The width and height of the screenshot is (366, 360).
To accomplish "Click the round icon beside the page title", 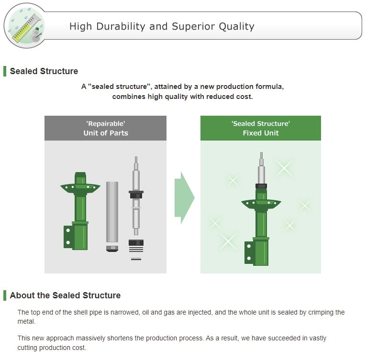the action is click(25, 25).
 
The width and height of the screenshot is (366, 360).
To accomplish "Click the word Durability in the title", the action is click(121, 26).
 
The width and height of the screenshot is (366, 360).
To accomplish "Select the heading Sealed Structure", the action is click(44, 71).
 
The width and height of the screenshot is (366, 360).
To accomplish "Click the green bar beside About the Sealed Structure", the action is click(5, 295).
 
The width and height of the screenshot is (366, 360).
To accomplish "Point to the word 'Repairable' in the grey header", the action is click(106, 123).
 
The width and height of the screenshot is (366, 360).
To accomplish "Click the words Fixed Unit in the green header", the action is click(261, 133).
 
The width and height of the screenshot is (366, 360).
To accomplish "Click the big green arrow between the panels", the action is click(184, 197).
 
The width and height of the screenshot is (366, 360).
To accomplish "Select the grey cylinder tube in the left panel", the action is click(112, 212).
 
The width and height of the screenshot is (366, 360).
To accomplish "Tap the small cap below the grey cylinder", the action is click(112, 249).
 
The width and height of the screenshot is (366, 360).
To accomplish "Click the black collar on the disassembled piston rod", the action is click(136, 195).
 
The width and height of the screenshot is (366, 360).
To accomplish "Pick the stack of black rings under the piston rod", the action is click(136, 246).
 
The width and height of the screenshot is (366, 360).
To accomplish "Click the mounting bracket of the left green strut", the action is click(68, 237).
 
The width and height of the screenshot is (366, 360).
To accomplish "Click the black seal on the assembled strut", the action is click(261, 186).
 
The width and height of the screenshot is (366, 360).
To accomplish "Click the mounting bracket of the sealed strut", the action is click(249, 252).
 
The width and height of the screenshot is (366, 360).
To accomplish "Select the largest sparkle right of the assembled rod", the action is click(284, 168).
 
